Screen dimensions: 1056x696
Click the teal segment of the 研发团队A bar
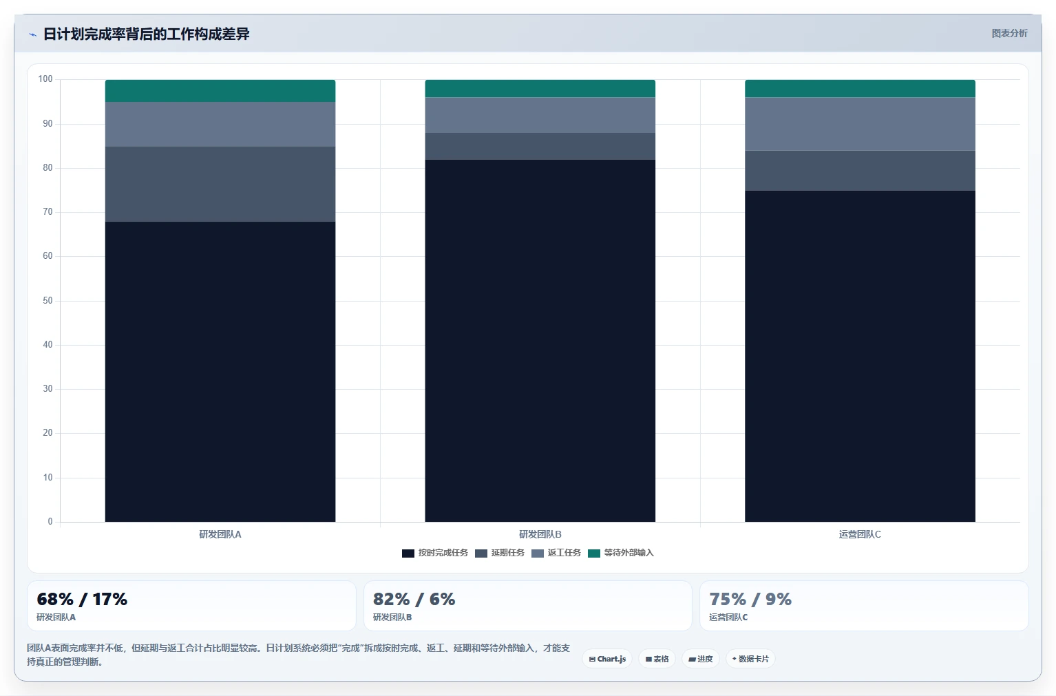220,91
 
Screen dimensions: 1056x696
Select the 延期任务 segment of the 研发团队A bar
220,184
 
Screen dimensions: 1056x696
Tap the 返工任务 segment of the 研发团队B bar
540,115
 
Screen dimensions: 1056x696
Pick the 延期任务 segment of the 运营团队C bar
860,171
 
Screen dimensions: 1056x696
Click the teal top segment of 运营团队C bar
860,89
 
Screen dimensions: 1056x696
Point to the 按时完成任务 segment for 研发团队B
540,341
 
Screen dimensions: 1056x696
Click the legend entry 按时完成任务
434,553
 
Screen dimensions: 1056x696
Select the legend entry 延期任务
499,553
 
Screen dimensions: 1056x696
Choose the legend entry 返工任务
556,553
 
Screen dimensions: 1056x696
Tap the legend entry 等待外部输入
620,553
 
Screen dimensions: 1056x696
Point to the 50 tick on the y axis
47,300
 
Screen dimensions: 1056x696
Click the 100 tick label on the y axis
45,78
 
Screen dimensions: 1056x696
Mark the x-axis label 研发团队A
220,534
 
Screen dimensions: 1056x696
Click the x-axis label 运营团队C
860,534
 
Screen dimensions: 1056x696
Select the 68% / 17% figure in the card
82,599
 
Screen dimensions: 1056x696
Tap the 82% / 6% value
414,599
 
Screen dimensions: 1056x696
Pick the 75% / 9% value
750,599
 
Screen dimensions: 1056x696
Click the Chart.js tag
607,659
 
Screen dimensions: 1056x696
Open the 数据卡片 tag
750,659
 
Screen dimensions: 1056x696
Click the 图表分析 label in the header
1009,34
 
